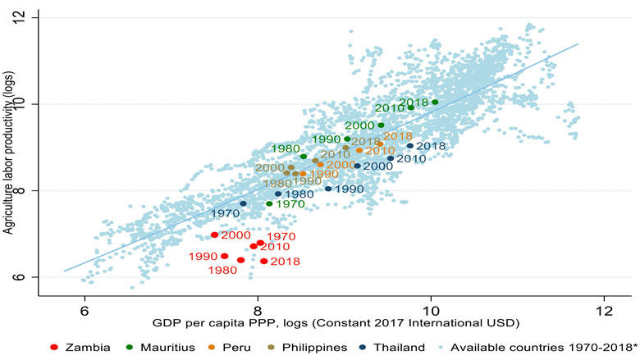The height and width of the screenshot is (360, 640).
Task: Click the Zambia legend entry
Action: [x=80, y=347]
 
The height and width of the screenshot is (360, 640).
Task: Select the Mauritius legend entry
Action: [x=164, y=347]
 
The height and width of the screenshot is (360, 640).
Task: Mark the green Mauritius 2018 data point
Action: [x=435, y=103]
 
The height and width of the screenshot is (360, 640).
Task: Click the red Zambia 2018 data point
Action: [x=264, y=261]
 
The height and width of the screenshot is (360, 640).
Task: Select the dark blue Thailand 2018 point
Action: [x=410, y=146]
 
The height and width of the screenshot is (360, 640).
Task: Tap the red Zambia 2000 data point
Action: [x=215, y=235]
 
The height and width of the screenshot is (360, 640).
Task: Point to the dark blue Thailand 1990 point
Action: [x=328, y=189]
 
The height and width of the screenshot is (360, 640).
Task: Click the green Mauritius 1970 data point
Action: [x=269, y=203]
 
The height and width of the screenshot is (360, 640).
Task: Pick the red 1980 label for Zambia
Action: [x=222, y=271]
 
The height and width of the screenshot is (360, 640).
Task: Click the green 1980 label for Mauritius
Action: [x=286, y=148]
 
